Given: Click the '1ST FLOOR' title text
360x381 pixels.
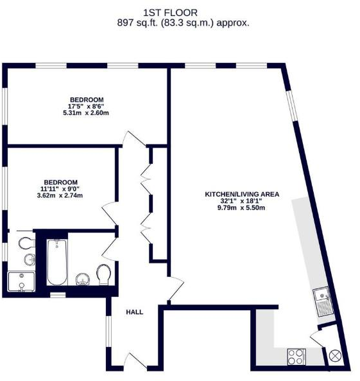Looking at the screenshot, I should point(180,12).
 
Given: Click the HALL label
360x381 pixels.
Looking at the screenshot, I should point(134,312).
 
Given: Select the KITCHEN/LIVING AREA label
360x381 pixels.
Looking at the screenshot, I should point(234,193).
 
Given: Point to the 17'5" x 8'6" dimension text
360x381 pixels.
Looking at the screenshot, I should point(87,106).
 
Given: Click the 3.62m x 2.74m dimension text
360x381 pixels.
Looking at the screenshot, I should point(61,195).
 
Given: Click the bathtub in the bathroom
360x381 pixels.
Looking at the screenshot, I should point(57,262).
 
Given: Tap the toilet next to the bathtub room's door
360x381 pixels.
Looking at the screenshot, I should point(105,275).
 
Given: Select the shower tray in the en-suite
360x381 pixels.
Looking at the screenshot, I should point(21,281).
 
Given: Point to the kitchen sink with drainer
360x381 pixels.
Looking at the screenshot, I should point(323,301).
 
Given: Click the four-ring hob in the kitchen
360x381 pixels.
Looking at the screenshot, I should point(296,355).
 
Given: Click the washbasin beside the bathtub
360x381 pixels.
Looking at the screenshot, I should point(82,278).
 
